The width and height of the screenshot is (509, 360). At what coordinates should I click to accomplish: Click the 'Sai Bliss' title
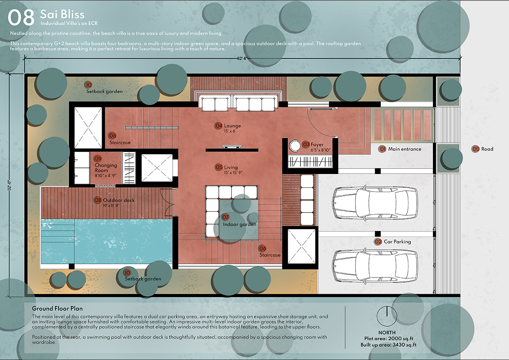point(62,14)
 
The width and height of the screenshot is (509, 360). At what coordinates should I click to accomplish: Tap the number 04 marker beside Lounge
point(218,126)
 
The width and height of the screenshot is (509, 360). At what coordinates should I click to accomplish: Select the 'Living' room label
point(231,167)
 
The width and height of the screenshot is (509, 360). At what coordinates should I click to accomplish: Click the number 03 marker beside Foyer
point(306,144)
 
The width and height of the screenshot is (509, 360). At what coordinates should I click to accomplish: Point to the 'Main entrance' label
point(404,149)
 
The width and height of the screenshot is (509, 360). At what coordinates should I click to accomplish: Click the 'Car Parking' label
point(397,242)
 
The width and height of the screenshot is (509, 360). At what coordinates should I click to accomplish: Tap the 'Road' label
point(487,149)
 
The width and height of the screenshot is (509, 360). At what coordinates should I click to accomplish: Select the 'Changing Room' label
point(106,168)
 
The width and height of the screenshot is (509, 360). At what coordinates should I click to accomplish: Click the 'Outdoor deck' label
point(118,200)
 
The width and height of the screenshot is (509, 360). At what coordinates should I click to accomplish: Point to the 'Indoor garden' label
point(239,224)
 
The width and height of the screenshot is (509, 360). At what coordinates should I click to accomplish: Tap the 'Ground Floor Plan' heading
point(57,308)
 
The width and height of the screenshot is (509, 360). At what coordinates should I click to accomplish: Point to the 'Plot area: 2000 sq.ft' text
point(388,339)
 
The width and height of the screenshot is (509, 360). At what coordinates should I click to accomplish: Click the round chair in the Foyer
point(295,146)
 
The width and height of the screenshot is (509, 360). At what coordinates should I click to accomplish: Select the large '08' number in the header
point(21,18)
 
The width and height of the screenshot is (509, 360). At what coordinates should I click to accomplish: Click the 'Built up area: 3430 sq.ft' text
point(388,345)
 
